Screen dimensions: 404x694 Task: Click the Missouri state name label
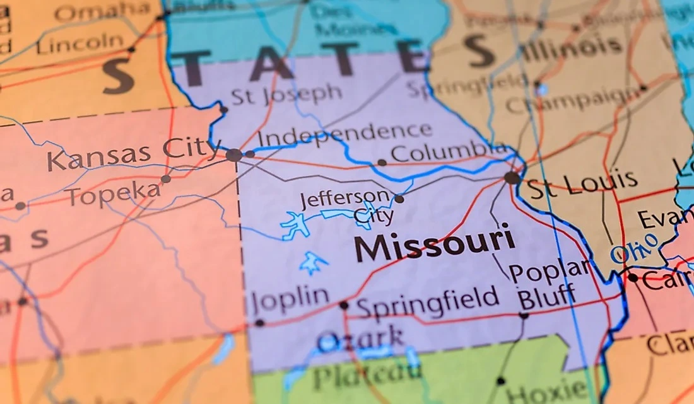pyautogui.click(x=434, y=243)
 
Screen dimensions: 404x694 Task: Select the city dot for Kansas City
pyautogui.click(x=234, y=154)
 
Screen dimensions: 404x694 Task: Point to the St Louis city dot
pyautogui.click(x=512, y=178)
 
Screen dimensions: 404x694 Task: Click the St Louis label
pyautogui.click(x=583, y=184)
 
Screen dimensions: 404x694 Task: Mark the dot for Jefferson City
pyautogui.click(x=399, y=199)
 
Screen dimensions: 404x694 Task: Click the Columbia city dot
pyautogui.click(x=382, y=163)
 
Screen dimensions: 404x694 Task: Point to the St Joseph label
pyautogui.click(x=286, y=95)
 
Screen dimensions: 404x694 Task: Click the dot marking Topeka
pyautogui.click(x=165, y=179)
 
